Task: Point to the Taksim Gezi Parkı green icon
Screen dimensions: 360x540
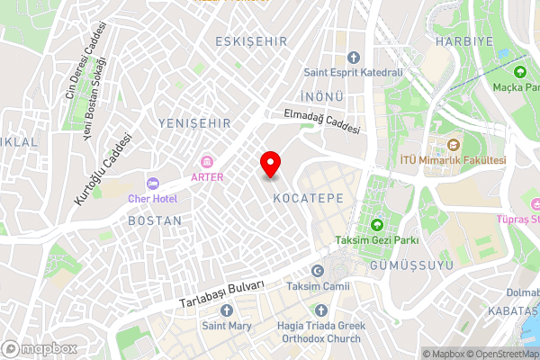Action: [x=376, y=224]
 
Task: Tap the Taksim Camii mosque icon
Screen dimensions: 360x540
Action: [x=317, y=272]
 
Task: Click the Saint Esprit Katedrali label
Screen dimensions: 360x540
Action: [x=352, y=72]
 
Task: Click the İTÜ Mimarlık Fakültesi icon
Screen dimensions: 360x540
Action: [x=454, y=145]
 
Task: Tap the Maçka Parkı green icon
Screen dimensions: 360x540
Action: [x=519, y=72]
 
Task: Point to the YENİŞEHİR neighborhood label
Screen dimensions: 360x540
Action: [x=194, y=122]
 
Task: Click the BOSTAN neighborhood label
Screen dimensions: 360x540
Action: [x=155, y=220]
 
